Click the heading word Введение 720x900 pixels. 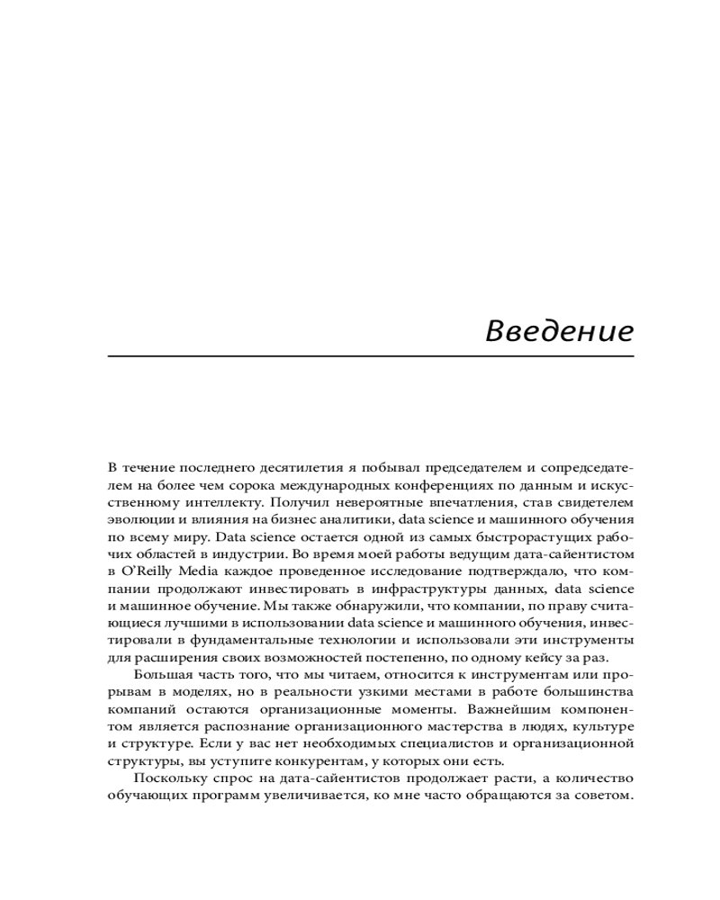tap(559, 330)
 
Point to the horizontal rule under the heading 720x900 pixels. tap(371, 356)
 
